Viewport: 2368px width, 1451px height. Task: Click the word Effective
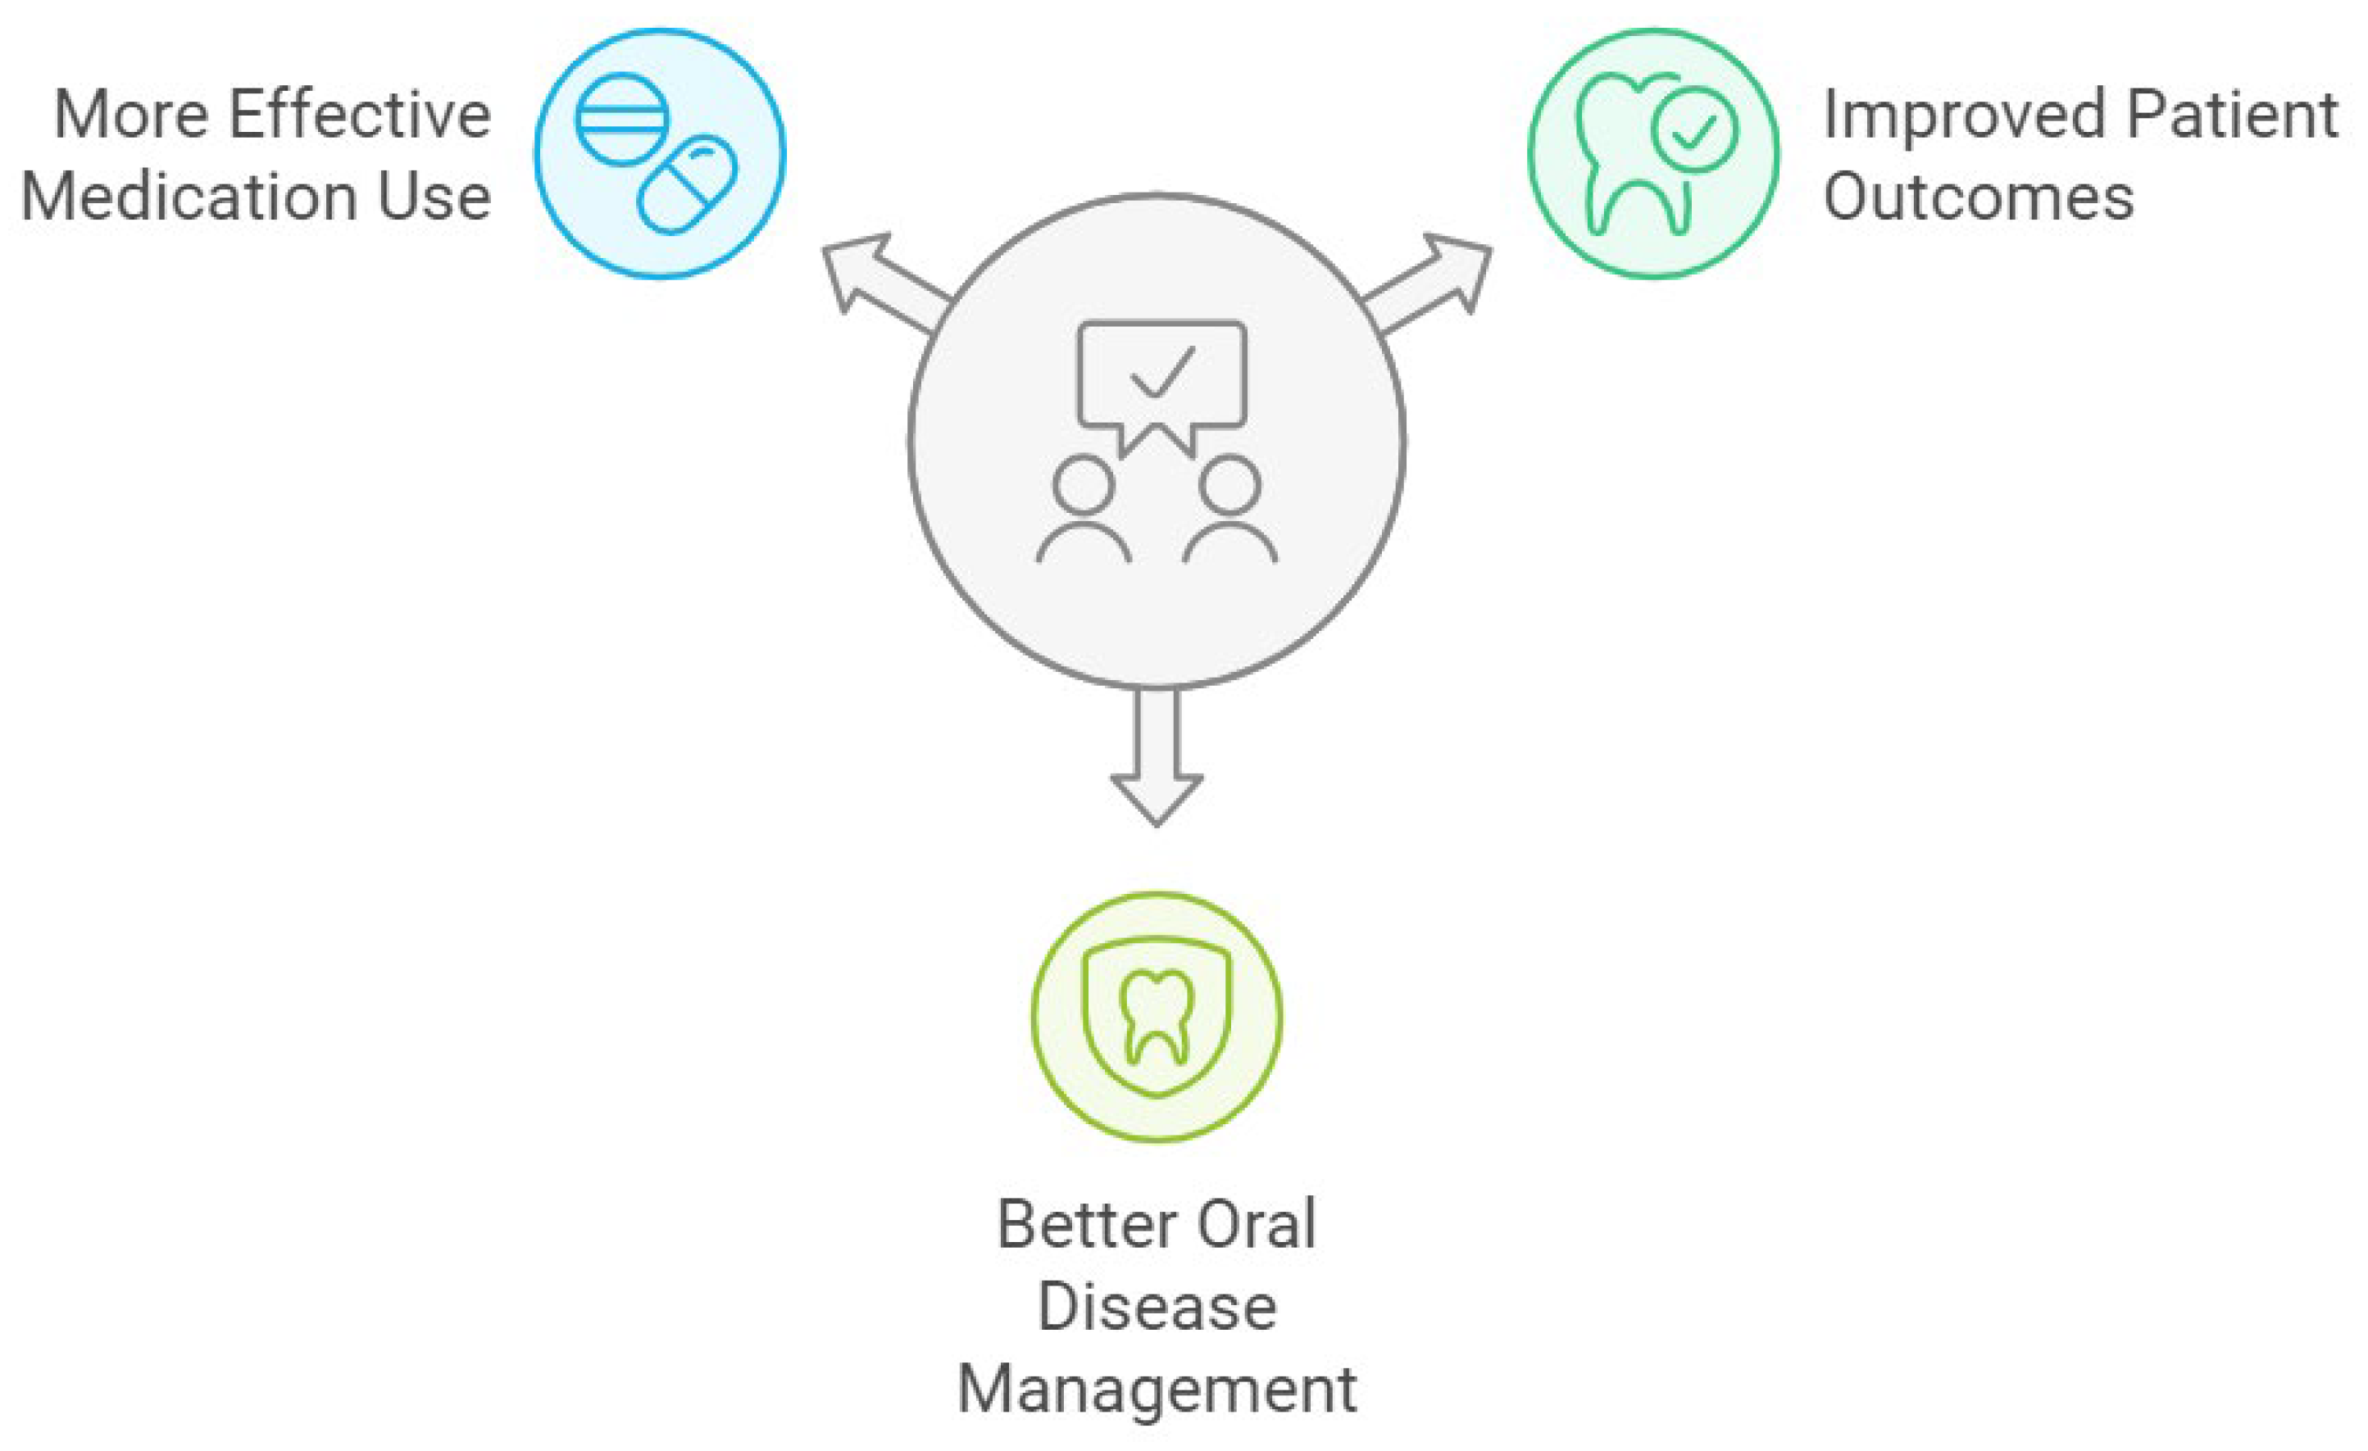pyautogui.click(x=361, y=115)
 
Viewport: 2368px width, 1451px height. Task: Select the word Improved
pyautogui.click(x=1965, y=115)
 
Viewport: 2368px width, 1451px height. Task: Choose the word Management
pyautogui.click(x=1157, y=1390)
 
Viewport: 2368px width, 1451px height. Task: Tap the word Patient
pyautogui.click(x=2233, y=115)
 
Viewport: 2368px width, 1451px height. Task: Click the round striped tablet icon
pyautogui.click(x=622, y=119)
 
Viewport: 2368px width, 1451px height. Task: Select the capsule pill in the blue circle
pyautogui.click(x=687, y=184)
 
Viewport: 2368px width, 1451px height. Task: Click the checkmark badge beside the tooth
pyautogui.click(x=1694, y=129)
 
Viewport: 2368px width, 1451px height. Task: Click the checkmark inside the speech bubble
pyautogui.click(x=1163, y=372)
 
